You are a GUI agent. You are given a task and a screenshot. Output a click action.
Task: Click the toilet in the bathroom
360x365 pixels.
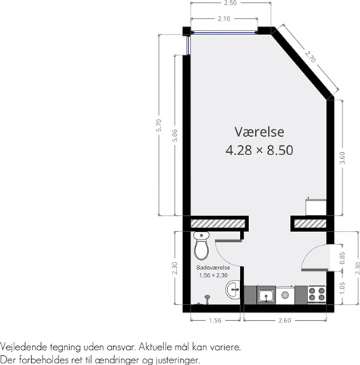pyautogui.click(x=201, y=246)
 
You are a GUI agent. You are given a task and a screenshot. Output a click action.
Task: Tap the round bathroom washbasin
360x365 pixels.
pyautogui.click(x=233, y=289)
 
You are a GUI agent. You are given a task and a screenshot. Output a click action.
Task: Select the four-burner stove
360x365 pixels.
pyautogui.click(x=317, y=294)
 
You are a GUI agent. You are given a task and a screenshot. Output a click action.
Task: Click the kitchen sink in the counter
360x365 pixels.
pyautogui.click(x=266, y=295)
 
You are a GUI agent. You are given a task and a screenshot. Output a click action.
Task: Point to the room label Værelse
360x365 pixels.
pyautogui.click(x=259, y=132)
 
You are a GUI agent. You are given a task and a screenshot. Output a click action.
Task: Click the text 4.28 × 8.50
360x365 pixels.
pyautogui.click(x=259, y=150)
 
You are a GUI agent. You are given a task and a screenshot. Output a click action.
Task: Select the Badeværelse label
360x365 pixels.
pyautogui.click(x=213, y=268)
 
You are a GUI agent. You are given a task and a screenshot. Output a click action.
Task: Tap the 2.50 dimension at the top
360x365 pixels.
pyautogui.click(x=230, y=3)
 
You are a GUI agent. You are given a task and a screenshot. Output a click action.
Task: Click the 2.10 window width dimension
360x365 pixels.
pyautogui.click(x=224, y=18)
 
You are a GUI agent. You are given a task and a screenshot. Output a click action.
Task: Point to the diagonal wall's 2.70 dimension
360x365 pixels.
pyautogui.click(x=311, y=57)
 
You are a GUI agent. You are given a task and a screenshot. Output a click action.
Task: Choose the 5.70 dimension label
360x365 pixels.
pyautogui.click(x=159, y=125)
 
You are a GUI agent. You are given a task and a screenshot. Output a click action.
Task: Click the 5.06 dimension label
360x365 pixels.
pyautogui.click(x=175, y=135)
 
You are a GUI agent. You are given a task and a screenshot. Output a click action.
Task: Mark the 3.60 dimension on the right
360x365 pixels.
pyautogui.click(x=342, y=157)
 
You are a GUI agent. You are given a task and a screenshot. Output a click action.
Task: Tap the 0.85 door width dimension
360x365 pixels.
pyautogui.click(x=342, y=258)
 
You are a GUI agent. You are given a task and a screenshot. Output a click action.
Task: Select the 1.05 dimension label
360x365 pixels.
pyautogui.click(x=342, y=288)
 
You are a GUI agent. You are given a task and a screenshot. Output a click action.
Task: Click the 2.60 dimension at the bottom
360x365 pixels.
pyautogui.click(x=285, y=320)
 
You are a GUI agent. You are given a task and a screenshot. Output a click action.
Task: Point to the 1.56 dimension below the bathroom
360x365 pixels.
pyautogui.click(x=215, y=320)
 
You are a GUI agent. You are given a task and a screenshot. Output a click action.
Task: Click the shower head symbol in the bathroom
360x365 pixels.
pyautogui.click(x=207, y=299)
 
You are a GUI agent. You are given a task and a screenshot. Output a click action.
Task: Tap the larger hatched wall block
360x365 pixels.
pyautogui.click(x=218, y=224)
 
